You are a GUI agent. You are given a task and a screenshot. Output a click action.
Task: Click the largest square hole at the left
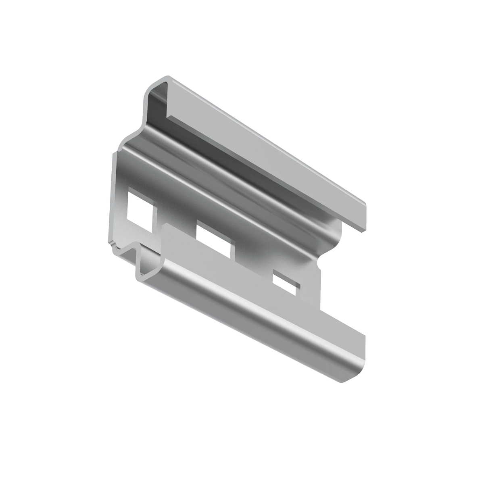click(x=140, y=211)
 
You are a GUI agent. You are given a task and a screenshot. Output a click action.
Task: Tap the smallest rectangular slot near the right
click(x=286, y=283)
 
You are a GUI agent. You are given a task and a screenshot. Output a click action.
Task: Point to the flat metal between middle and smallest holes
click(x=254, y=262)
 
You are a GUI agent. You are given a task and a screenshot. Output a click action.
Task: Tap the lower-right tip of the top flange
click(x=365, y=230)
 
